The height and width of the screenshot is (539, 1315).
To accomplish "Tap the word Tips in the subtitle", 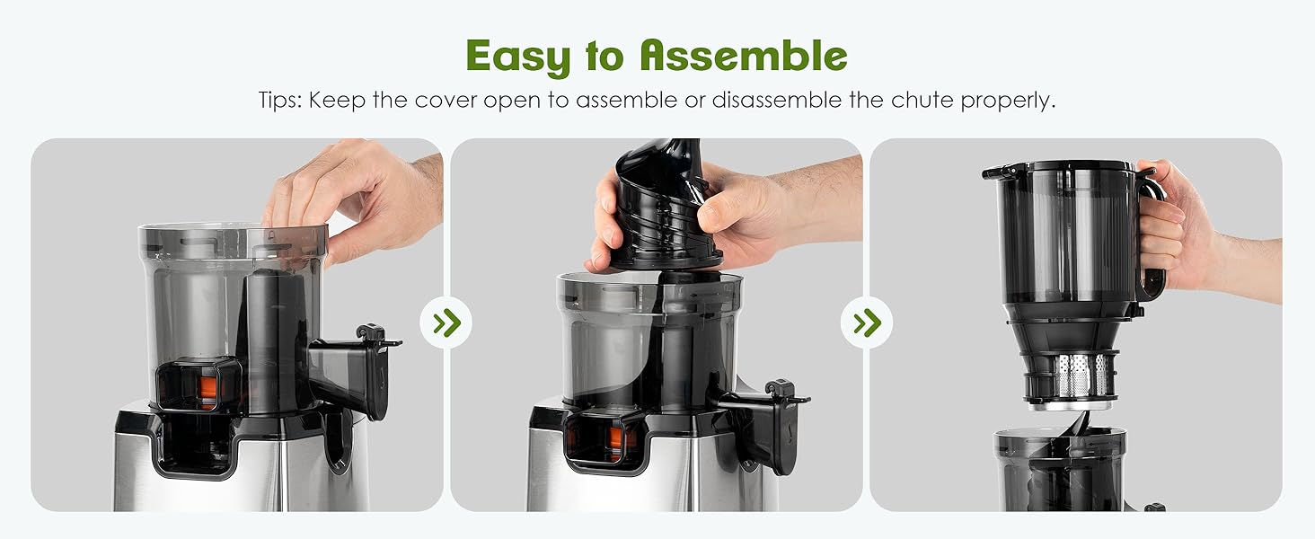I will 279,100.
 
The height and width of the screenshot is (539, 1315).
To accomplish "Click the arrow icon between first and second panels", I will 446,323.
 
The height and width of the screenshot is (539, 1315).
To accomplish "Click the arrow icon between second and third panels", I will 867,323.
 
